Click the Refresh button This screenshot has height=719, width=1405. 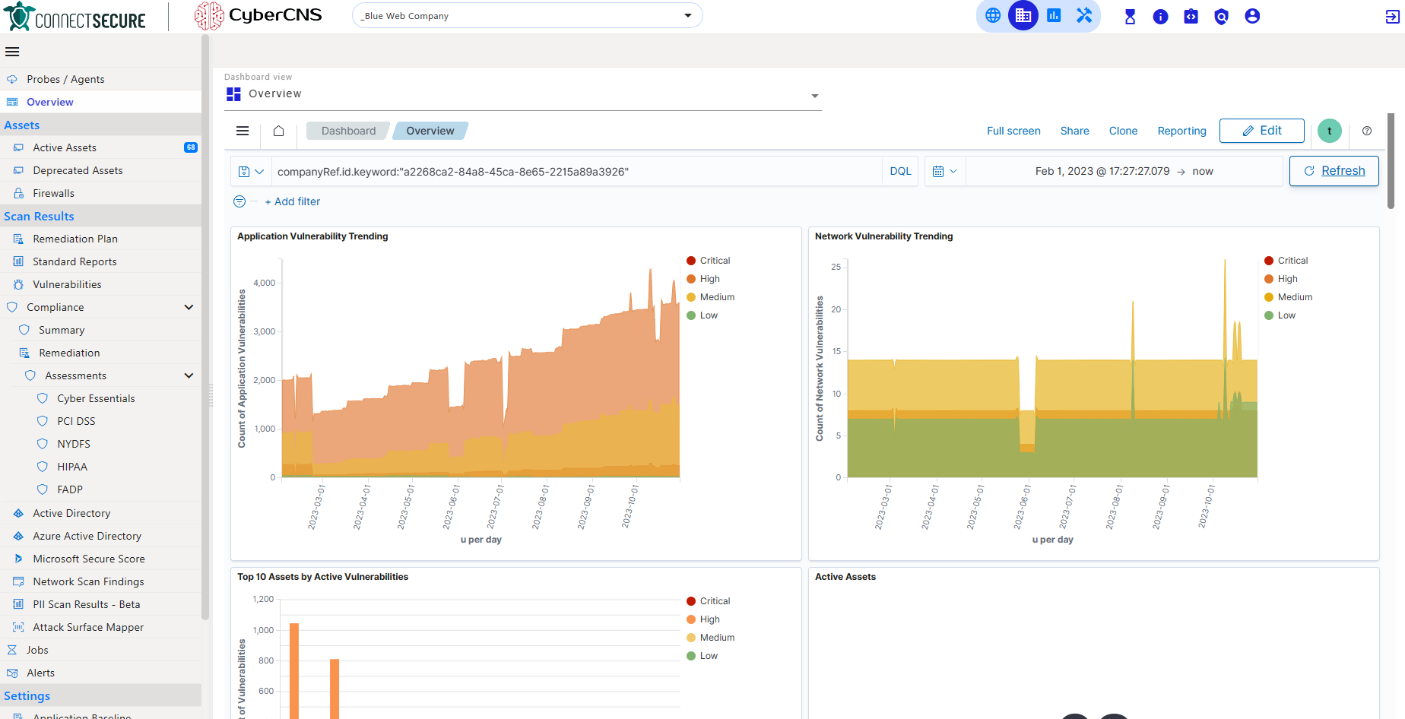(1334, 171)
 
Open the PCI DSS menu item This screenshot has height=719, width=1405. (76, 421)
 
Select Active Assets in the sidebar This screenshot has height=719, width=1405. (65, 147)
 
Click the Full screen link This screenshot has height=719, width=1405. (1013, 131)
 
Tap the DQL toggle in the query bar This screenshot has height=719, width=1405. (900, 172)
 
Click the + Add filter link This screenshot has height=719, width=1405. (293, 201)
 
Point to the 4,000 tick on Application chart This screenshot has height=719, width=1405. (265, 283)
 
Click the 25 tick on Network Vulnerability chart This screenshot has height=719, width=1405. (836, 267)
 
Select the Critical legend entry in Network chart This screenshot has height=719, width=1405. (1292, 261)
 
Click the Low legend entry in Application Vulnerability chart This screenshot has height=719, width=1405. (708, 315)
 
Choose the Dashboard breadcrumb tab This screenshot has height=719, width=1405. (348, 131)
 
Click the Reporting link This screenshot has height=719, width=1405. (1181, 131)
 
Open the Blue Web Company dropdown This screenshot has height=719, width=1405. (526, 16)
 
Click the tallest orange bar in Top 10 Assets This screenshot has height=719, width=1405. (294, 669)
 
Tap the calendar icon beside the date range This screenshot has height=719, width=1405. (938, 172)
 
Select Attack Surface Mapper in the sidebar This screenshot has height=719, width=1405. (88, 627)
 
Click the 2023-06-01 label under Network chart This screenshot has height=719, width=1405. (1021, 507)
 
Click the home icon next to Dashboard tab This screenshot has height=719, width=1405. (279, 131)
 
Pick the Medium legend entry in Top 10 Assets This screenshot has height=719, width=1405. (716, 638)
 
